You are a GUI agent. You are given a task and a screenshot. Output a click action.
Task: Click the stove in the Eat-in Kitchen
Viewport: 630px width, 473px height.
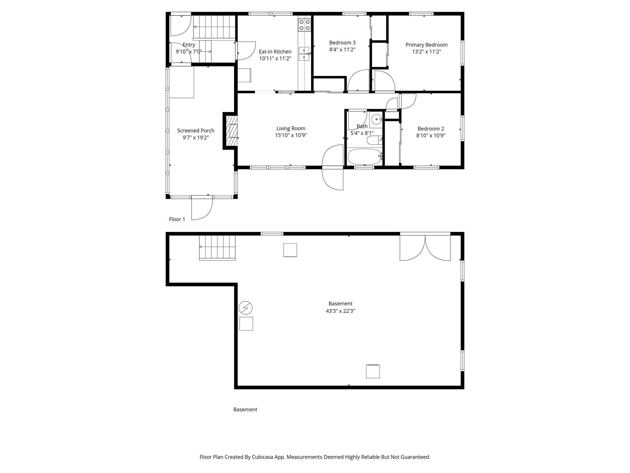(305, 25)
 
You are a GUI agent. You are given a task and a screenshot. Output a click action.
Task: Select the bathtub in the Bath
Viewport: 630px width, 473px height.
(365, 157)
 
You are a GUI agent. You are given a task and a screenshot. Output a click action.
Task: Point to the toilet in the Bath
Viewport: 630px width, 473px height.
(374, 140)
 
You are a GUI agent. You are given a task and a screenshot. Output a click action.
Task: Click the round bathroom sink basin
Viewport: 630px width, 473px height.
(376, 119)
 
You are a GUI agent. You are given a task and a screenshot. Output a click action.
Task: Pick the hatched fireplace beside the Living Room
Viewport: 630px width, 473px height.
(232, 131)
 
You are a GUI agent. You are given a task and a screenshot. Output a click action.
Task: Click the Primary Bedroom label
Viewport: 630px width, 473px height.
(426, 45)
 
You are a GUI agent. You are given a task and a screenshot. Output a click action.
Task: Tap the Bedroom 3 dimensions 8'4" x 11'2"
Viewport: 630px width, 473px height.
(342, 50)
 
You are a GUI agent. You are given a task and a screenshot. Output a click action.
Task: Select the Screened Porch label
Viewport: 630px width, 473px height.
(196, 131)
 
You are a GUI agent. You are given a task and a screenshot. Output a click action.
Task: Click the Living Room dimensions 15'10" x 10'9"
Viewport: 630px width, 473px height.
(291, 135)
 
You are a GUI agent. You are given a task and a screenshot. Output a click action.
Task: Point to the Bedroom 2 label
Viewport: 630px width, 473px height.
(431, 129)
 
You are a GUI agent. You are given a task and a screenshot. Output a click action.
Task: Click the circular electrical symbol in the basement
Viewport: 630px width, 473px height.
(245, 308)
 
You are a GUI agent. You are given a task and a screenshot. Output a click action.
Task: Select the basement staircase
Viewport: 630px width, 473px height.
(217, 247)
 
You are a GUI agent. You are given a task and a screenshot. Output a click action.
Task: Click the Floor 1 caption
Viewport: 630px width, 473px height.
(177, 219)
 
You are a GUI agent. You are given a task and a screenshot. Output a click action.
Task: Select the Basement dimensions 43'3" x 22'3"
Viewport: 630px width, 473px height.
(340, 311)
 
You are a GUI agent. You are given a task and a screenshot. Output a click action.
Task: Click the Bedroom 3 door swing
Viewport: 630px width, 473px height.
(359, 81)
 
